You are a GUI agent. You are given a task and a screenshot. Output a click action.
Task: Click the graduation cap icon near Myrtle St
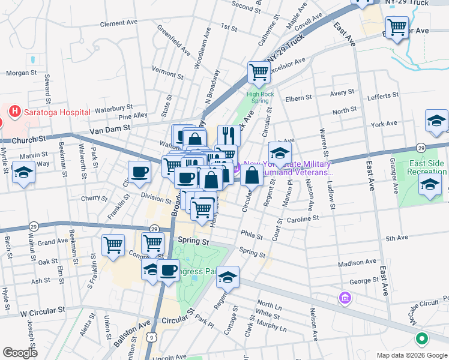tap(24, 172)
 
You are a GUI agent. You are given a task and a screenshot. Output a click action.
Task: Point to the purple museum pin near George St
tap(345, 298)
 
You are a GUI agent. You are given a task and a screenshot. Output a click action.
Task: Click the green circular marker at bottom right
tap(421, 339)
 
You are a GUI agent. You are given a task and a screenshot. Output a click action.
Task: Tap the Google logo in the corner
tap(20, 353)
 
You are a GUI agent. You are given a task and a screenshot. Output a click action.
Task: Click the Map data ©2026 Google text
tap(411, 355)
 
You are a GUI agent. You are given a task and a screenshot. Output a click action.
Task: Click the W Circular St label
tap(41, 312)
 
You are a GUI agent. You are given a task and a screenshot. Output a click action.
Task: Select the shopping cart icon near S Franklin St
tap(113, 244)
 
